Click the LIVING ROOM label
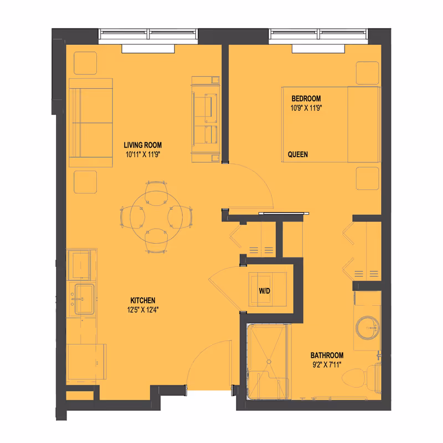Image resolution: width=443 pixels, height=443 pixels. point(142,145)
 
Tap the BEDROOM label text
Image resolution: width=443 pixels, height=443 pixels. point(306,99)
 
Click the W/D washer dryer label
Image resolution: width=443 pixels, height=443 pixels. point(264,291)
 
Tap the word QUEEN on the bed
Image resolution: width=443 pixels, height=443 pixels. point(298,154)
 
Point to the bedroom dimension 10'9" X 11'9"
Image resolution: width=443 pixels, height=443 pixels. point(306,108)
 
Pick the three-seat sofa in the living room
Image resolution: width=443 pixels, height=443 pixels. point(90,122)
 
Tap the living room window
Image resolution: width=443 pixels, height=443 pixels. point(148,36)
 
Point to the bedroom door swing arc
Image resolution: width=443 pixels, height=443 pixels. point(252,183)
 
